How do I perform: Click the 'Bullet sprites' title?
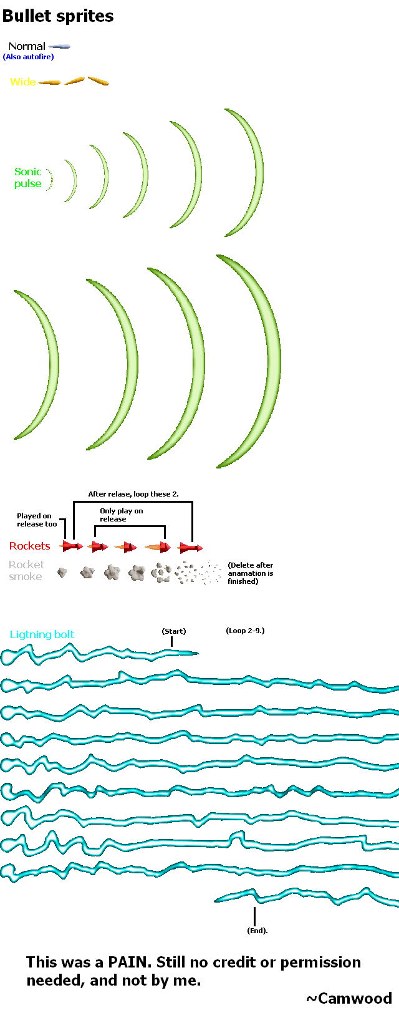[x=58, y=16]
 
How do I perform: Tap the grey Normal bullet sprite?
[x=60, y=46]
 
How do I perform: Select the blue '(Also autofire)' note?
[x=29, y=57]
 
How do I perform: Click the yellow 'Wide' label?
[x=23, y=82]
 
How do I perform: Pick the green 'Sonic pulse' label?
[x=28, y=178]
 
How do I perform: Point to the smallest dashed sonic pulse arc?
[x=50, y=180]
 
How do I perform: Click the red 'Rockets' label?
[x=29, y=546]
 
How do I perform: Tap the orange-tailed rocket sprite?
[x=158, y=548]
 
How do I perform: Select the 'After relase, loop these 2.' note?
[x=133, y=494]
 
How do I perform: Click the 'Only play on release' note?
[x=122, y=515]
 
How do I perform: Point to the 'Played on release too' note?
[x=37, y=520]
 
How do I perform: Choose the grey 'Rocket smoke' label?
[x=26, y=570]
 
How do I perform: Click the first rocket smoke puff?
[x=62, y=572]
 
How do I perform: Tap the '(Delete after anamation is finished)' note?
[x=251, y=573]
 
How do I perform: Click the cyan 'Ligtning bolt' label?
[x=42, y=634]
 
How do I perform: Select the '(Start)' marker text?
[x=174, y=631]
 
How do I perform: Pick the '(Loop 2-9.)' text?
[x=245, y=631]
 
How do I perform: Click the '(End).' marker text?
[x=257, y=931]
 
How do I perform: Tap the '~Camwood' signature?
[x=349, y=999]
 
